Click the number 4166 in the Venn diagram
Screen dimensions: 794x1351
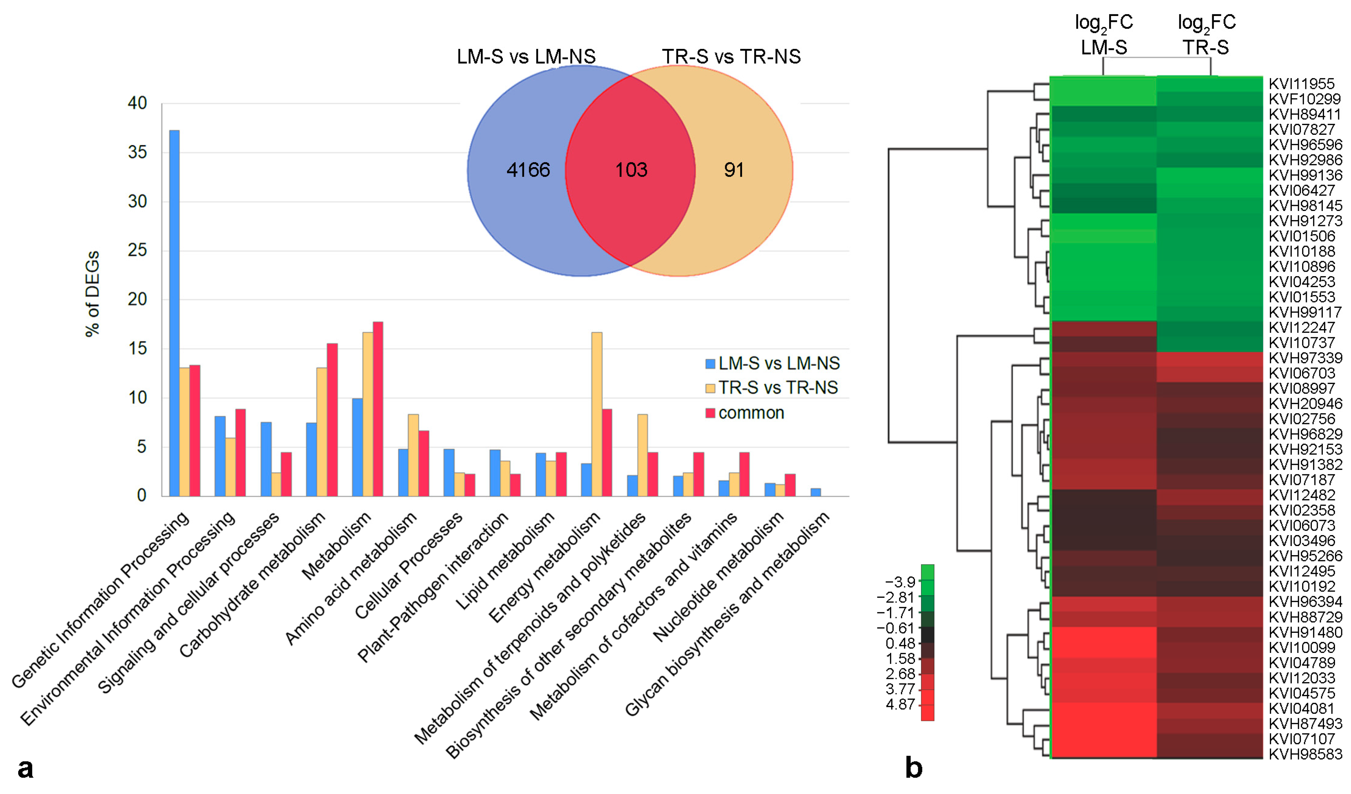click(x=528, y=170)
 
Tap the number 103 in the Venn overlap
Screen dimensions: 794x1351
click(x=631, y=170)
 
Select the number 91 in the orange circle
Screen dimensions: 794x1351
click(x=734, y=170)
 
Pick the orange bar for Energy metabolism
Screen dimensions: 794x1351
click(x=596, y=414)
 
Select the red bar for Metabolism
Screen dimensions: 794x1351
click(x=377, y=409)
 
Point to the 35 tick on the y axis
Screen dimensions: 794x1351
click(x=137, y=152)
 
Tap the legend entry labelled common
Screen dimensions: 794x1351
click(x=751, y=413)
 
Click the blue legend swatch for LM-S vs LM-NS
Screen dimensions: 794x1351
click(x=710, y=364)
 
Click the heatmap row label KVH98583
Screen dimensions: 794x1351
click(x=1305, y=754)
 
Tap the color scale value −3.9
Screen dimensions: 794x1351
click(x=900, y=581)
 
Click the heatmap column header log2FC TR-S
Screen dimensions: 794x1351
click(x=1206, y=35)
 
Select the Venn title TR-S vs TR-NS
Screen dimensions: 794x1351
click(x=731, y=56)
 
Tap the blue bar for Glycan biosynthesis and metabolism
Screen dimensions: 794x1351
click(x=815, y=492)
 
